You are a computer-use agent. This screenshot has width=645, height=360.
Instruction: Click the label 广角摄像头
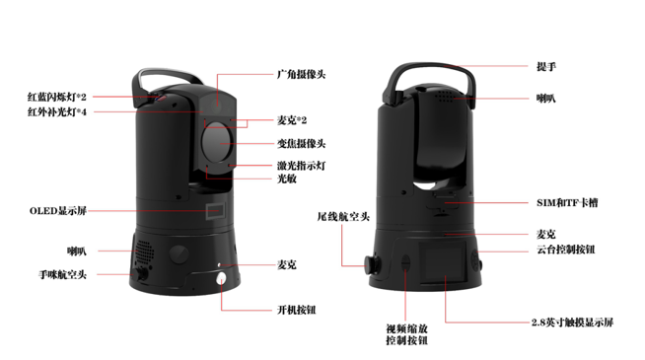(301, 75)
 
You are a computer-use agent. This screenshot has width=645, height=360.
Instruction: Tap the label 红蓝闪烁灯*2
(57, 97)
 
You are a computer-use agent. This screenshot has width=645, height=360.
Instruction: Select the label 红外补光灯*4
(57, 111)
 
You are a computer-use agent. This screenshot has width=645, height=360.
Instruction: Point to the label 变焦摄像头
(301, 144)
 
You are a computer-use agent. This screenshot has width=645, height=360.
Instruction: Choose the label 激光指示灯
(301, 166)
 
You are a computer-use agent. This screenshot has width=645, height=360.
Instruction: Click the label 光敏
(287, 179)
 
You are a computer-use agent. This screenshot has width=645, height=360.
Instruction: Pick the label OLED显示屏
(58, 211)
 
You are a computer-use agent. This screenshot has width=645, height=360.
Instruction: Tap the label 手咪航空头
(62, 274)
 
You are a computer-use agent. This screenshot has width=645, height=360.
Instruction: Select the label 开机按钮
(296, 310)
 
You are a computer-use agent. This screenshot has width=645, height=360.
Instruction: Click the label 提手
(546, 67)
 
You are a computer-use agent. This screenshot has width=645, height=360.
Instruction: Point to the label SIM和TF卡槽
(567, 203)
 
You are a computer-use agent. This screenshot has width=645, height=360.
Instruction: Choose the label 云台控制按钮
(566, 250)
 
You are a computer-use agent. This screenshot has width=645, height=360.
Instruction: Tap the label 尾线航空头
(343, 216)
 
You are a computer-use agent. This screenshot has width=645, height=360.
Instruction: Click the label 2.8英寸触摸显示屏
(572, 323)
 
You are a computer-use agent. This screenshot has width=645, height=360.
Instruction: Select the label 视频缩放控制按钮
(406, 334)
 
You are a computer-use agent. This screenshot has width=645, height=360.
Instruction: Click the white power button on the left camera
(222, 280)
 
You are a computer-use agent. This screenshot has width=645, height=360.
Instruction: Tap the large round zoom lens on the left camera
(217, 141)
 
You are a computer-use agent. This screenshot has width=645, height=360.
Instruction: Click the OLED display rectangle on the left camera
(216, 211)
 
